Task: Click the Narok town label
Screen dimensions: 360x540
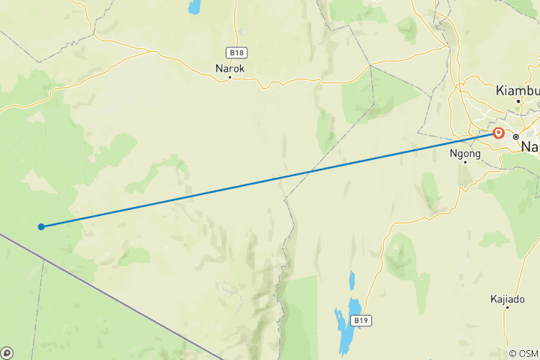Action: tap(230, 67)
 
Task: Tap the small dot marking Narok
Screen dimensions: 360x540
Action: tap(230, 77)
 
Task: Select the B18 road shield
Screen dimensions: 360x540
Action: tap(236, 52)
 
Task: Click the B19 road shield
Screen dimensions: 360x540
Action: tap(361, 320)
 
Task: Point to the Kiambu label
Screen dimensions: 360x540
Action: tap(517, 90)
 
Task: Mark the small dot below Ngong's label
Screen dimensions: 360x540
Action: tap(465, 161)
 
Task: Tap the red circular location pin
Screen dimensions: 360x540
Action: tap(499, 133)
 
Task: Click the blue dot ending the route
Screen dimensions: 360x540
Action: tap(41, 226)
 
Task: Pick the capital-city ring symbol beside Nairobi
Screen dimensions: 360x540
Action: tap(516, 136)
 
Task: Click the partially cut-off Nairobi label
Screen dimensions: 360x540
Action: tap(530, 146)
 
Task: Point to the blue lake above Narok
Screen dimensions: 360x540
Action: tap(195, 7)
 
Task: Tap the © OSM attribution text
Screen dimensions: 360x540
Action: tap(523, 353)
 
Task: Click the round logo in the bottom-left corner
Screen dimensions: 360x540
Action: tap(7, 352)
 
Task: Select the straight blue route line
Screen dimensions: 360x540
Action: tap(270, 180)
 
